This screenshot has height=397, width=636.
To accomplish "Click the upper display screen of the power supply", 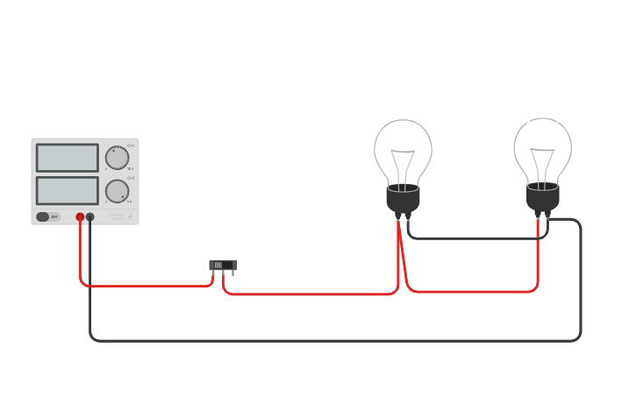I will tap(67, 158).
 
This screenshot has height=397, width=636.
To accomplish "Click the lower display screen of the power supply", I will tap(67, 190).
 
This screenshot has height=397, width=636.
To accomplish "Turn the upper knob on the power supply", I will tap(117, 158).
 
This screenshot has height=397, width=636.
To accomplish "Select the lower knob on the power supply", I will tap(117, 191).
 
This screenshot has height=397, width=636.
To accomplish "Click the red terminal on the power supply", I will tap(80, 216).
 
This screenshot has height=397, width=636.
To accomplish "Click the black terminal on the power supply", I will tap(90, 216).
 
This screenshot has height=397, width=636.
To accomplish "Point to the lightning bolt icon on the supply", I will tap(130, 216).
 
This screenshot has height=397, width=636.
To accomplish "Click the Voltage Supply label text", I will tap(117, 216).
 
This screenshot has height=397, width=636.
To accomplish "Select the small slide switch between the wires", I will tap(223, 265).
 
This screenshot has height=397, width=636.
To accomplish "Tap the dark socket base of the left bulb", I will tap(403, 200).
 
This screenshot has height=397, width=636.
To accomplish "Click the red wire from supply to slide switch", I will tap(140, 285).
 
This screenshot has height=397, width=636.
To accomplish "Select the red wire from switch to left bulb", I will tap(307, 294).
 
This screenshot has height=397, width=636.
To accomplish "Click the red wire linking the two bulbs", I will tap(474, 291).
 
